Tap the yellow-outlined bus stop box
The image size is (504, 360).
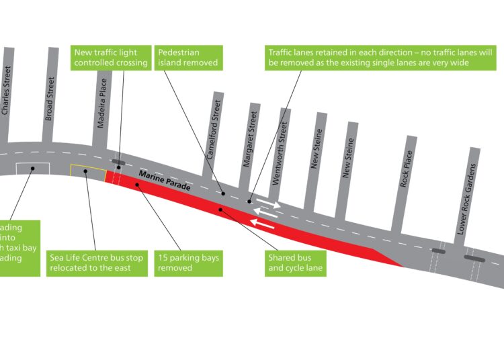(87, 172)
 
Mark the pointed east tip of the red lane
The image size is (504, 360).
(403, 266)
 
